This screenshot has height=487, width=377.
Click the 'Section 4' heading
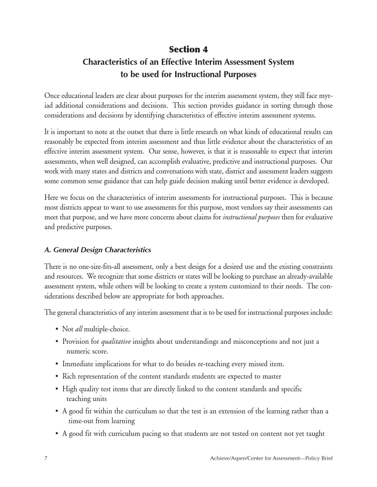tap(188, 49)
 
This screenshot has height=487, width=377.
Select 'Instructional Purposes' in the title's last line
tap(215, 75)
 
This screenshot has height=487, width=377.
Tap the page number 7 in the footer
tap(46, 458)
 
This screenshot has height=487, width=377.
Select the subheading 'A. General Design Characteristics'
tap(98, 250)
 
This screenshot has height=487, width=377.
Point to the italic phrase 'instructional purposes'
tap(251, 217)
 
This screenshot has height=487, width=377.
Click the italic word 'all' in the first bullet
tap(79, 329)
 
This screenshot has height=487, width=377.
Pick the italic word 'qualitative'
tap(116, 341)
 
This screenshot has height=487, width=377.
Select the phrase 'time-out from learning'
tap(101, 421)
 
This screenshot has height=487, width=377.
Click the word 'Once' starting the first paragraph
tap(52, 96)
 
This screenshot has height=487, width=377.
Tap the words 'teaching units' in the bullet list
tap(86, 399)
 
